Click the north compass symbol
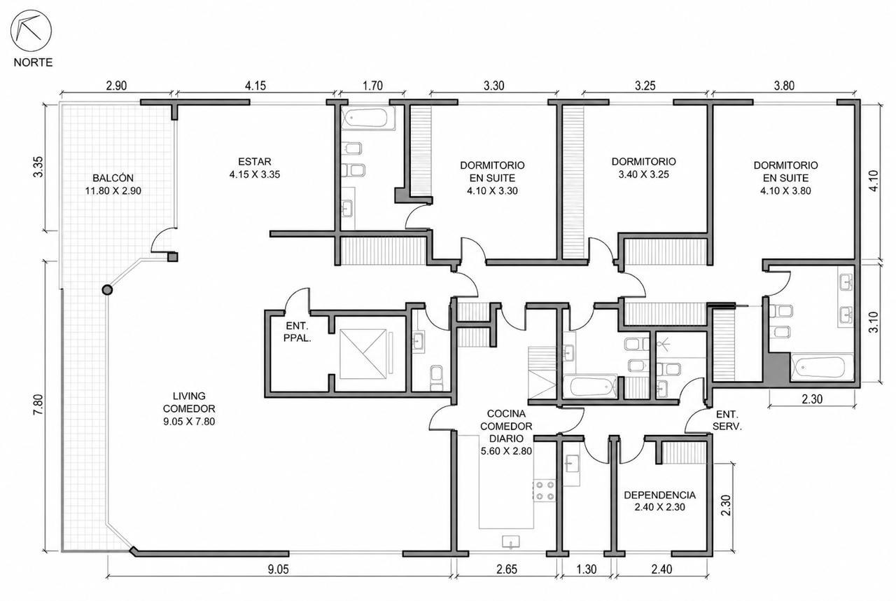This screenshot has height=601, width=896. [31, 31]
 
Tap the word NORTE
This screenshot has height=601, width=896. [33, 62]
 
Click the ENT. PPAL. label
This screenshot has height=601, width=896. [297, 332]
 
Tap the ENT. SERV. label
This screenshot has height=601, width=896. [727, 420]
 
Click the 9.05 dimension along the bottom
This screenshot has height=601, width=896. [278, 569]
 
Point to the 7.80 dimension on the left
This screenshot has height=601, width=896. [38, 405]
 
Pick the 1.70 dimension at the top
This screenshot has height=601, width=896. [372, 85]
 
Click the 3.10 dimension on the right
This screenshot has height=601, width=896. [874, 322]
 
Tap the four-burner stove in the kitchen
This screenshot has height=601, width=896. [545, 491]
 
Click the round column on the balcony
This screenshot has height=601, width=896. [107, 290]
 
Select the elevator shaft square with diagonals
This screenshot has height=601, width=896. [363, 354]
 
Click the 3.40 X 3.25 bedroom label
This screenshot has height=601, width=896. [643, 174]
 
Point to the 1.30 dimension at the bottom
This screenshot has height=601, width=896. [587, 569]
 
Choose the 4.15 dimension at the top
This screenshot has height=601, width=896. [255, 85]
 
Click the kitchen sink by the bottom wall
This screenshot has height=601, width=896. [511, 541]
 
